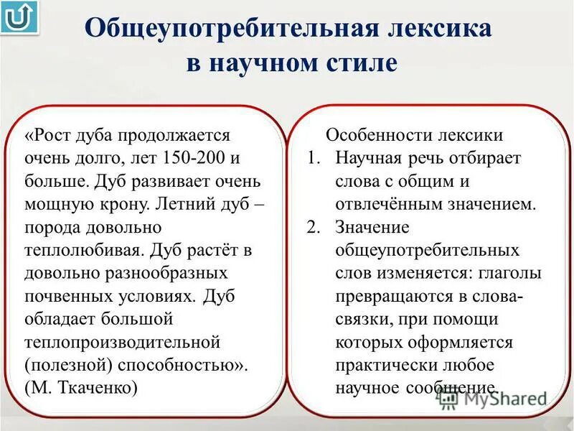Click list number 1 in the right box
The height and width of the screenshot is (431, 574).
(314, 158)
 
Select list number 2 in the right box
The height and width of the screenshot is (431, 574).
(314, 227)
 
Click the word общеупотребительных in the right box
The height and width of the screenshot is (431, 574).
(427, 250)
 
